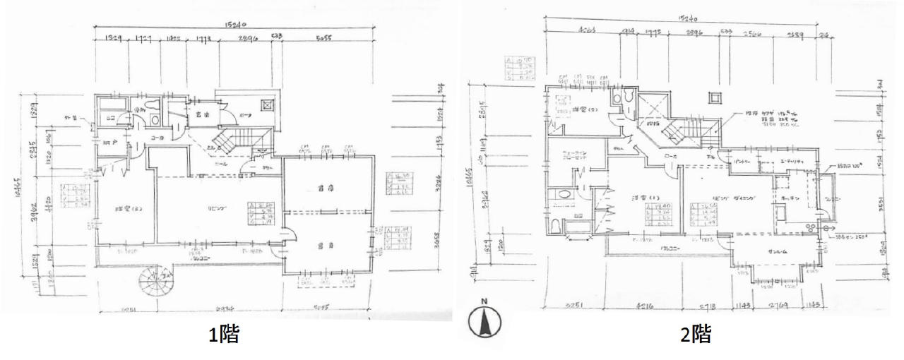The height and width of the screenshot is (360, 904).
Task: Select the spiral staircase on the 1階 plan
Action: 155,285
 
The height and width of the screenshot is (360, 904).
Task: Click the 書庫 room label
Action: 326,189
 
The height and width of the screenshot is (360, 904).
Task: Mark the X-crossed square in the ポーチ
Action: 268,105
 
